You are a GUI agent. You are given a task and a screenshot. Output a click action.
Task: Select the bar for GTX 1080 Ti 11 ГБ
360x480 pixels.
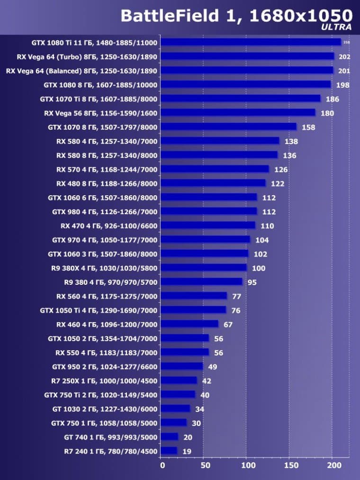tap(251, 42)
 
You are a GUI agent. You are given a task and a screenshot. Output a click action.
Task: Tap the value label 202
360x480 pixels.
tap(344, 57)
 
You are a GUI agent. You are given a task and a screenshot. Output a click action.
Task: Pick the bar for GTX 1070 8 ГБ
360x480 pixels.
tap(228, 127)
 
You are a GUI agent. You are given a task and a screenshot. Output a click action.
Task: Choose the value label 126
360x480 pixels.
tap(281, 170)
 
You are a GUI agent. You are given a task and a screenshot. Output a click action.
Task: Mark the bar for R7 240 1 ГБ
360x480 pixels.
tap(169, 451)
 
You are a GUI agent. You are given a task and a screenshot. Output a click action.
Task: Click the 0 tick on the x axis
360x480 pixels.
tap(162, 465)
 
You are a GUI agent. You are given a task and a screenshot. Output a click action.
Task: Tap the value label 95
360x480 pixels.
tap(252, 282)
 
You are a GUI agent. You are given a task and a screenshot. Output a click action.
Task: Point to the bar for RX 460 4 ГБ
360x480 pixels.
tap(189, 324)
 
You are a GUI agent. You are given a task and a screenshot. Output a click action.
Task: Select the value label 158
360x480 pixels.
tap(308, 127)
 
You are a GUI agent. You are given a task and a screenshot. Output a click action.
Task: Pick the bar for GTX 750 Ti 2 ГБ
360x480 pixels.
tap(178, 395)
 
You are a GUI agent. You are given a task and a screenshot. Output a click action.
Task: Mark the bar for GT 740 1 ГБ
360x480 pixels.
tap(169, 437)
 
